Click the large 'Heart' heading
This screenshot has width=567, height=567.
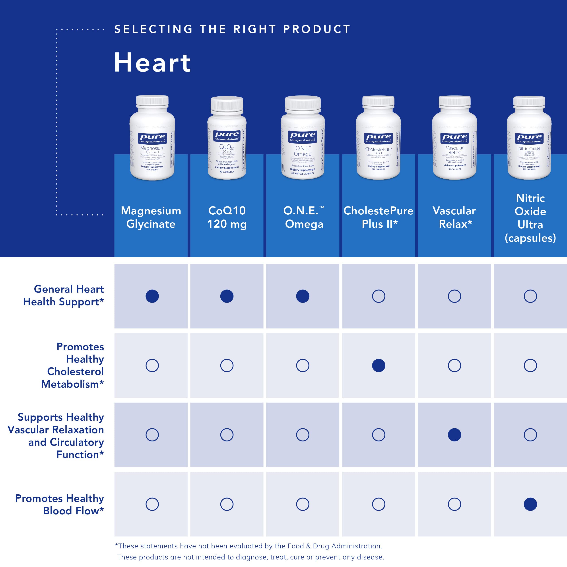(x=152, y=62)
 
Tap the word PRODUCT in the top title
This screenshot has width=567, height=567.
(x=317, y=29)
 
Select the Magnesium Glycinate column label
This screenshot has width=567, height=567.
(x=151, y=217)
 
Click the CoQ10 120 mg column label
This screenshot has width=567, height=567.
(x=227, y=217)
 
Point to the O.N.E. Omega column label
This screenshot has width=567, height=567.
(x=303, y=217)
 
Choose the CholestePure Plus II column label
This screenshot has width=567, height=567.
(x=379, y=217)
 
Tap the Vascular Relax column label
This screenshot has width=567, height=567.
(x=454, y=217)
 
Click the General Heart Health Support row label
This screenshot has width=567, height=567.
(x=63, y=295)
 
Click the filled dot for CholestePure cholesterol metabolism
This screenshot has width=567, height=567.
(x=379, y=365)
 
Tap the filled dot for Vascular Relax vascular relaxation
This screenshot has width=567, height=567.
(x=454, y=435)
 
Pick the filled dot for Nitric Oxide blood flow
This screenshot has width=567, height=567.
(x=530, y=504)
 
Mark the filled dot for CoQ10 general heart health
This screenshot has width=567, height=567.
(x=227, y=296)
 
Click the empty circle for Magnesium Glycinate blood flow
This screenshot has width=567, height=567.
(x=152, y=504)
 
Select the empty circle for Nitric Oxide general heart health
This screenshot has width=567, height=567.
(x=530, y=296)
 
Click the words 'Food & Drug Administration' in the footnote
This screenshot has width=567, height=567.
(x=335, y=546)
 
